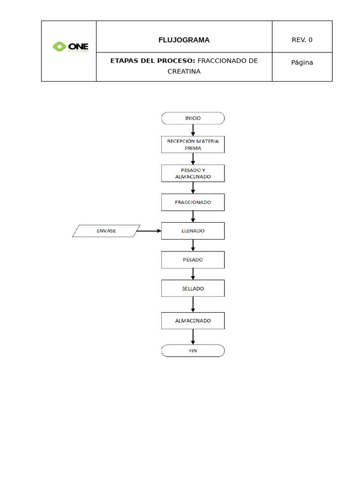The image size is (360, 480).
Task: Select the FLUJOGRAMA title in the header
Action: (x=184, y=40)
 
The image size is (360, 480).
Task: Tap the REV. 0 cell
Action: (x=302, y=40)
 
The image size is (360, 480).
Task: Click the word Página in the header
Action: (x=302, y=62)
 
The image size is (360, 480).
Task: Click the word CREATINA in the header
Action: (x=184, y=72)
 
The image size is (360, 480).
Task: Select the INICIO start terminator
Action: (x=193, y=118)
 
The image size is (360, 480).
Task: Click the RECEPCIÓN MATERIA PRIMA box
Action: (x=193, y=144)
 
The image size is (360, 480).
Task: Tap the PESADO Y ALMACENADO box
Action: (x=193, y=173)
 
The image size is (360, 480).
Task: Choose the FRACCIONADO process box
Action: (x=193, y=202)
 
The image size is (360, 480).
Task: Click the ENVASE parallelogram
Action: (x=106, y=231)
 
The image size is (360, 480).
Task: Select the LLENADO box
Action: (x=193, y=231)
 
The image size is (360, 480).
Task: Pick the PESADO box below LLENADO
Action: (x=193, y=259)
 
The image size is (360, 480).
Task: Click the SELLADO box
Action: (x=193, y=288)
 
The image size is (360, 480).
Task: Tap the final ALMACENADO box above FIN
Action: (x=193, y=321)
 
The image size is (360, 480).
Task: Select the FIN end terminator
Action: (x=193, y=351)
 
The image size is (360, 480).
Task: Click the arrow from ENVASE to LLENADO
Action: (x=149, y=231)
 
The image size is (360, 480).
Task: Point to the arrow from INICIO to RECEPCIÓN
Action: (x=193, y=130)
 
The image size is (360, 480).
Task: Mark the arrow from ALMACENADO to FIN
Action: (x=193, y=337)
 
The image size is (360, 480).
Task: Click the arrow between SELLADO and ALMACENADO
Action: (x=193, y=305)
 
